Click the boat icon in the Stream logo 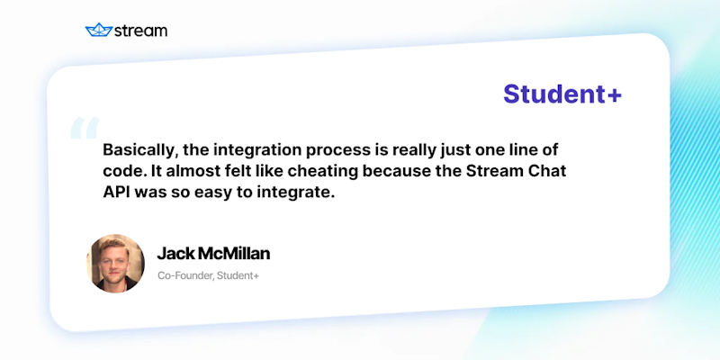[x=97, y=30]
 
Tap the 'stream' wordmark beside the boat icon [x=140, y=30]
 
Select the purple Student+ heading [x=562, y=94]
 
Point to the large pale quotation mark [x=84, y=130]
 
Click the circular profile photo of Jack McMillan [x=115, y=263]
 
